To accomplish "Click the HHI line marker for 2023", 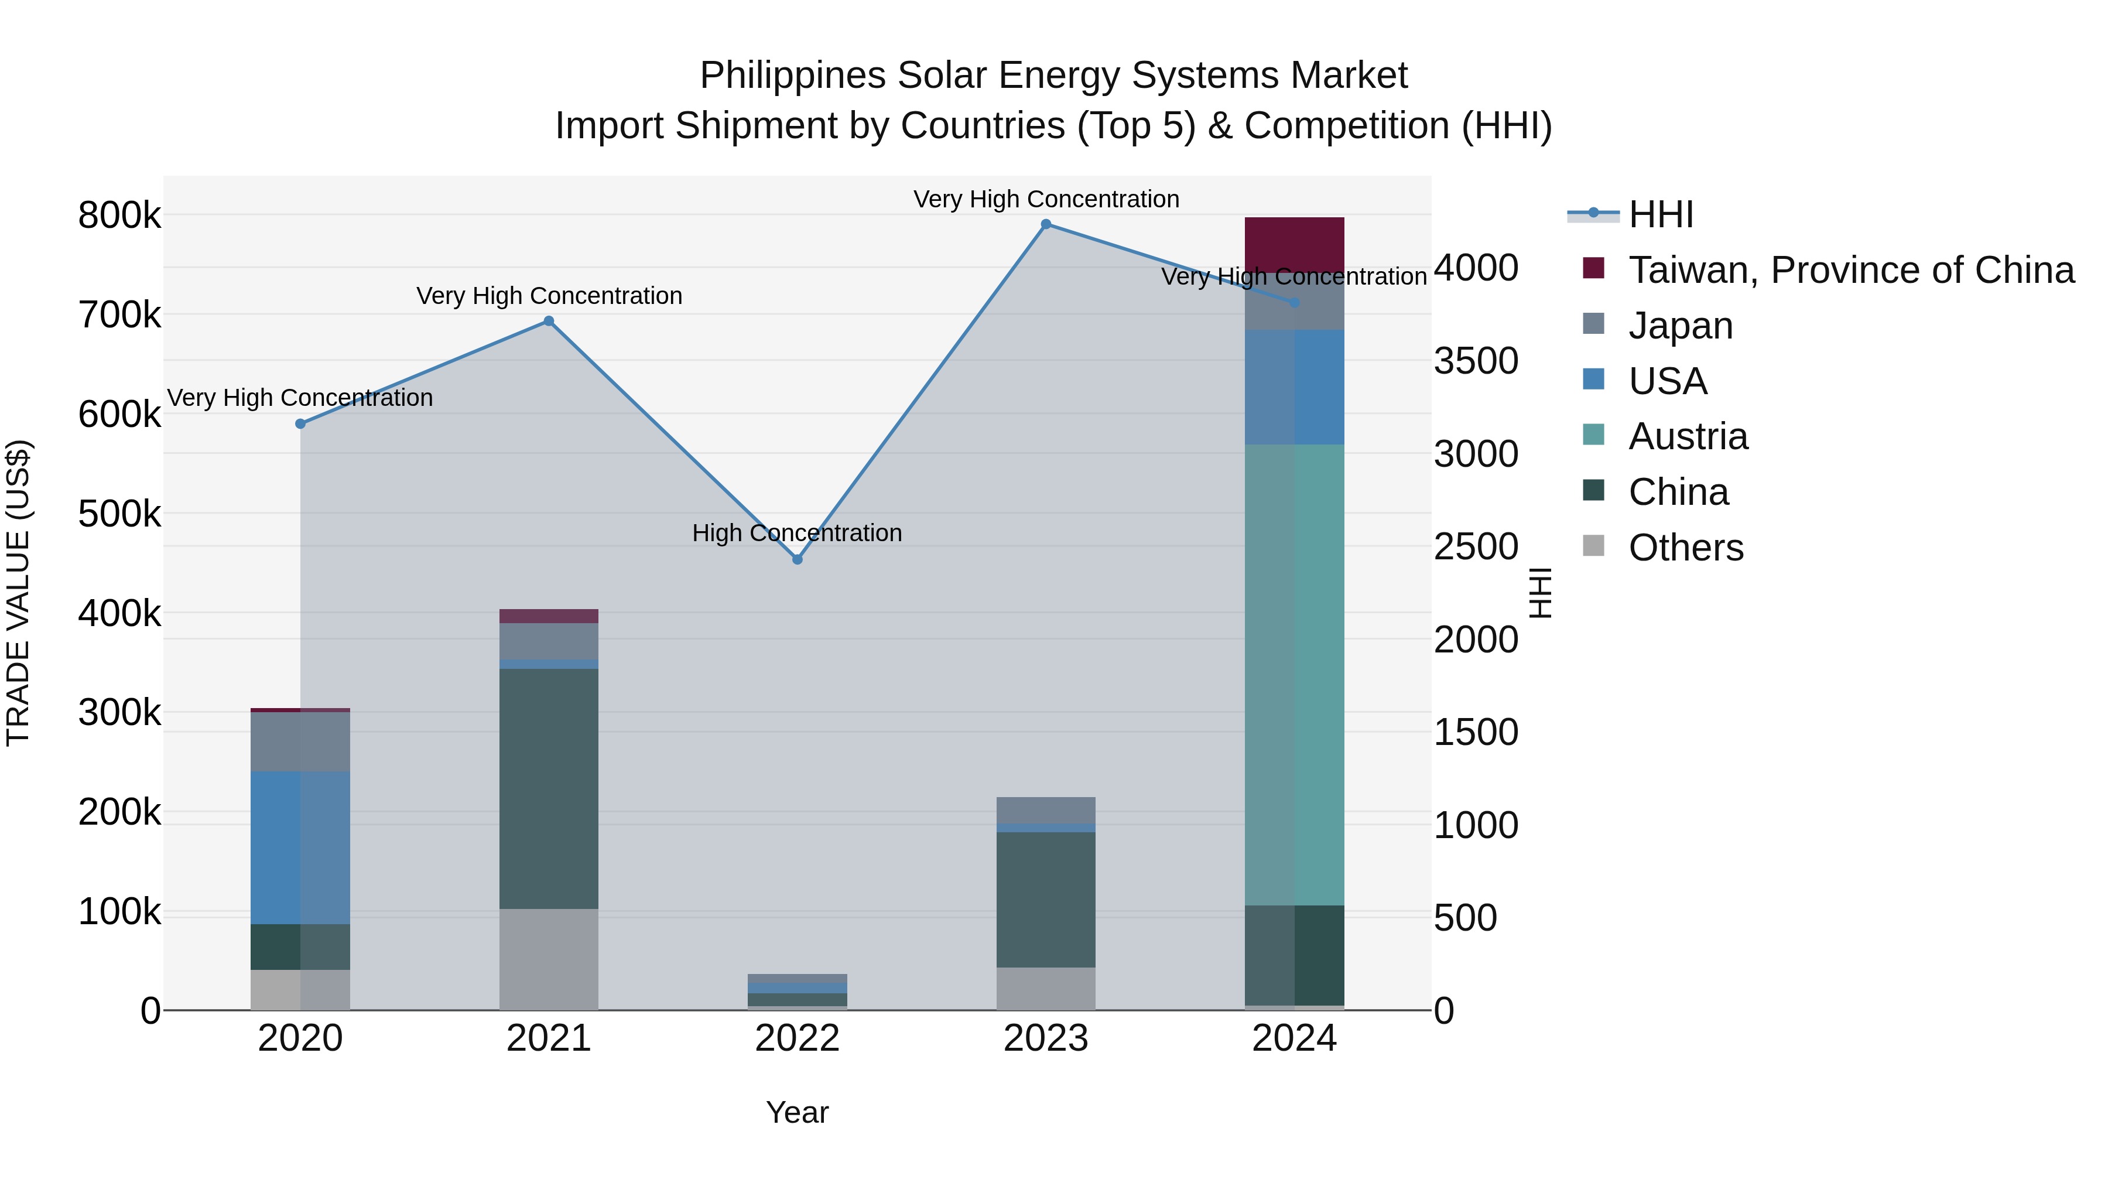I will [1046, 224].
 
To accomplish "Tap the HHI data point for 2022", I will [797, 560].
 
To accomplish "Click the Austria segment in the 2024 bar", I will [1293, 675].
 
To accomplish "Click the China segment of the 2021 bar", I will [548, 788].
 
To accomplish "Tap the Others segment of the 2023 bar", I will [1046, 989].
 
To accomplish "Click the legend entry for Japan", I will [1680, 326].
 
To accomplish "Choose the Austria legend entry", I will [1688, 436].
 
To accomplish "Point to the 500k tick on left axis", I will [119, 514].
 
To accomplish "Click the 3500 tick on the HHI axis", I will [1476, 361].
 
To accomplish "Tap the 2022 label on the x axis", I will [797, 1038].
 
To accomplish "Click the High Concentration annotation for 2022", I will [797, 533].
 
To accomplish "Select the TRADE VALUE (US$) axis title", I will [18, 593].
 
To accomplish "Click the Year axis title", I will [797, 1112].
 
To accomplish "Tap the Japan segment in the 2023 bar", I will [1046, 809].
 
